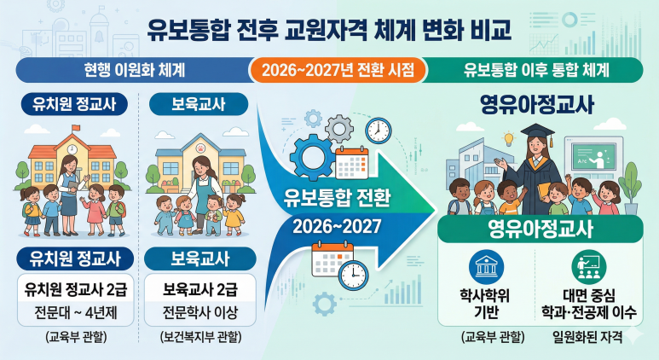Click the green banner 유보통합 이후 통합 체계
pyautogui.click(x=540, y=69)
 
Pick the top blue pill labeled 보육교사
pyautogui.click(x=197, y=105)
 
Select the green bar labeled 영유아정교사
pyautogui.click(x=540, y=229)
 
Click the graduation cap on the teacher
pyautogui.click(x=521, y=130)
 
